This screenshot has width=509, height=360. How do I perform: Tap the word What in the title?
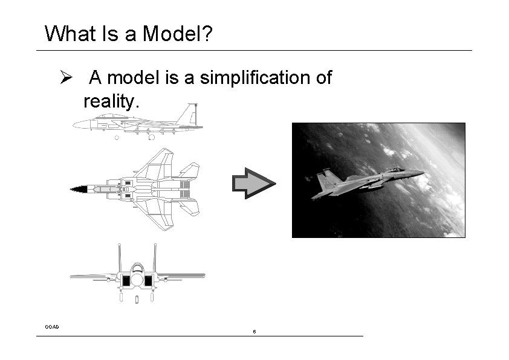click(x=69, y=33)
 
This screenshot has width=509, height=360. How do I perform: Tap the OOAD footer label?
click(x=52, y=327)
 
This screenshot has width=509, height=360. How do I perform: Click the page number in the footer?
click(x=254, y=332)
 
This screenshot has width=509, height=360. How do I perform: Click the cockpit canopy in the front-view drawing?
click(x=137, y=268)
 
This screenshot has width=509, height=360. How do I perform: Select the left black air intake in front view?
click(x=127, y=280)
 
